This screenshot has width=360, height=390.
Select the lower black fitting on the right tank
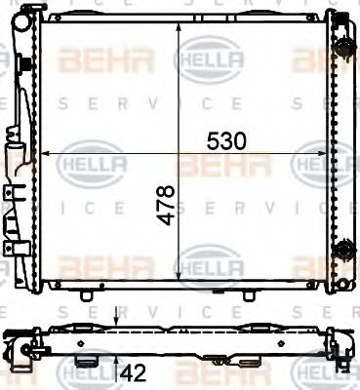342,253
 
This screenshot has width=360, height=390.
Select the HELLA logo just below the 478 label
205,262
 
